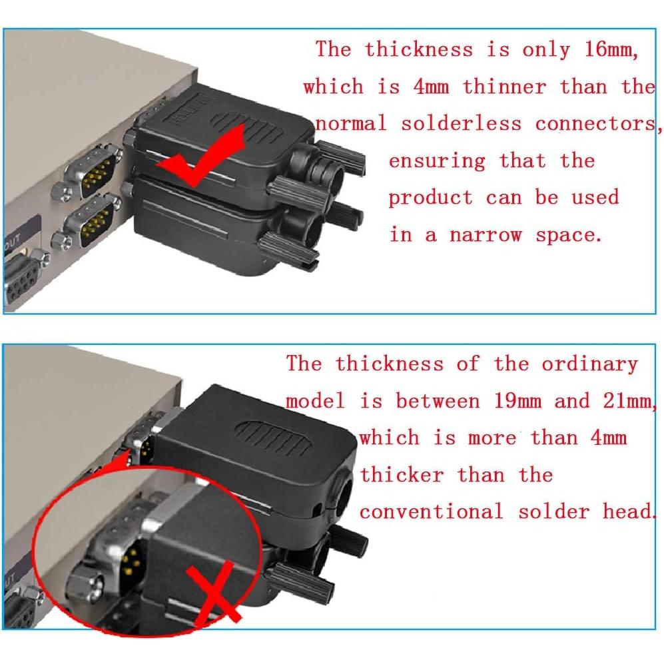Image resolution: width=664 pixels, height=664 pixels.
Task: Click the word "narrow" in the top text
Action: point(486,235)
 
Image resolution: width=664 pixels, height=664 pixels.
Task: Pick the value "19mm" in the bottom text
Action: point(517,401)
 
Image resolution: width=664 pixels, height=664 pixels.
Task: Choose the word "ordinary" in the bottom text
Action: point(589,364)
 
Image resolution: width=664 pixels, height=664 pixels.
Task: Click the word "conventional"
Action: point(431,511)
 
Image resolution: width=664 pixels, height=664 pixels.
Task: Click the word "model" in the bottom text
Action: point(316,401)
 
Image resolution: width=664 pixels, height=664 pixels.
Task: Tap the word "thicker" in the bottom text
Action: point(402,475)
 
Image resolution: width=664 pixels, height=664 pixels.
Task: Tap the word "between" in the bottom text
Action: point(438,401)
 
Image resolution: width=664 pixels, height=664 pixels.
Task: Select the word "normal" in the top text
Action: point(350,124)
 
